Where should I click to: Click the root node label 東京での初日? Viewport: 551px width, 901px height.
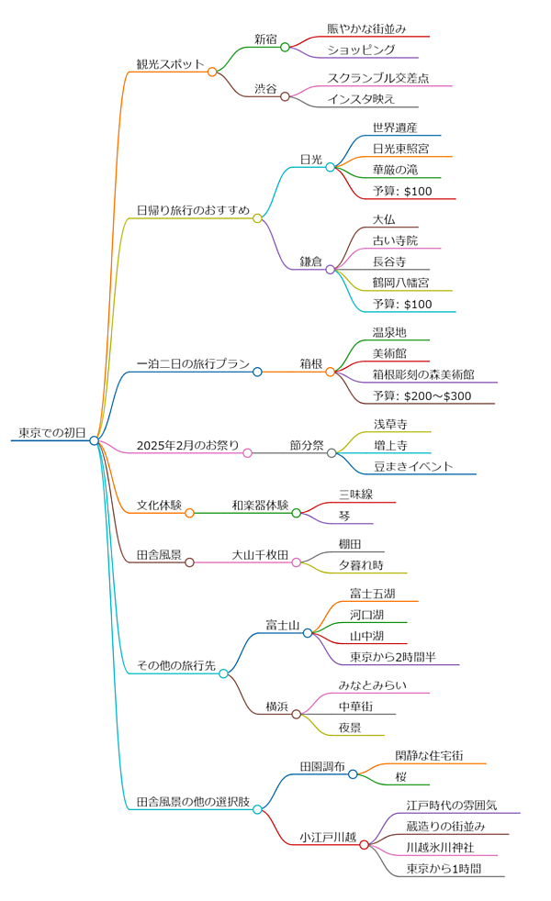tap(51, 432)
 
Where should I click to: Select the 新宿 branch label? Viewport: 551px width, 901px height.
tap(266, 39)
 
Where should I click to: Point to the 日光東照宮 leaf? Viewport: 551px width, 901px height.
tap(400, 148)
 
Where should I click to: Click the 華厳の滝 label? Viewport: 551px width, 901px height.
tap(395, 170)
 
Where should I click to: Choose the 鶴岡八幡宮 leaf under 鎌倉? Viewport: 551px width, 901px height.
tap(400, 282)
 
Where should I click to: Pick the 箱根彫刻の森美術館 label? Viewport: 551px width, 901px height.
tap(423, 374)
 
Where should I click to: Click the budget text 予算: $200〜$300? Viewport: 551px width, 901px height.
tap(422, 395)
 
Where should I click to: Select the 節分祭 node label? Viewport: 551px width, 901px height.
tap(307, 445)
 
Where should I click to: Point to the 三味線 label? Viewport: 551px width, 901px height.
tap(355, 495)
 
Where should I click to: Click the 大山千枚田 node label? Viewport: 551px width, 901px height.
tap(260, 555)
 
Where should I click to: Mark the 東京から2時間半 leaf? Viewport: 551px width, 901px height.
tap(393, 657)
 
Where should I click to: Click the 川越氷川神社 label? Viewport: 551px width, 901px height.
tap(440, 846)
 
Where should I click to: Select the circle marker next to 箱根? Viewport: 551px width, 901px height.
tap(331, 372)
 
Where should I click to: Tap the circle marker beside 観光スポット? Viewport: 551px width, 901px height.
tap(212, 72)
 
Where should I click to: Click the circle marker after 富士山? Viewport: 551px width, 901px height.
tap(308, 633)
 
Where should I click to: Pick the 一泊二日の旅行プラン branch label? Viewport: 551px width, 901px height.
tap(193, 364)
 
